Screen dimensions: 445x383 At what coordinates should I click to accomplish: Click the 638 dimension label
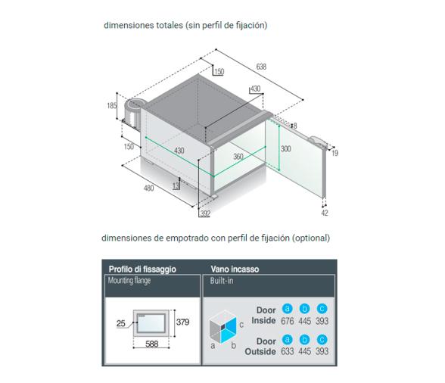[x=261, y=67]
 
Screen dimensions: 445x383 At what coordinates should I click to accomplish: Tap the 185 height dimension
[x=112, y=106]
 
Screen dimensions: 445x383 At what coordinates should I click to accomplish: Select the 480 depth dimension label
[x=149, y=188]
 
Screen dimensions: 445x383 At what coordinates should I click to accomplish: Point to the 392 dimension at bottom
[x=205, y=213]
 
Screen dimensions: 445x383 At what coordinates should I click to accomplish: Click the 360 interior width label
[x=238, y=156]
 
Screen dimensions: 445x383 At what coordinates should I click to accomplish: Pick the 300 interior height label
[x=286, y=149]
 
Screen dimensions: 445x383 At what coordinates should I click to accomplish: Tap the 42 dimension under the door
[x=325, y=213]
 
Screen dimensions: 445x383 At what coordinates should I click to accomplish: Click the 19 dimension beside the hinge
[x=335, y=154]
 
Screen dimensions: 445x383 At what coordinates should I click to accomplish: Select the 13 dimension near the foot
[x=176, y=186]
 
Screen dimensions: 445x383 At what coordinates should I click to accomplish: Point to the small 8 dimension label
[x=295, y=126]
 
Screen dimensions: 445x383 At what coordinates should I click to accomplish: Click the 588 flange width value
[x=152, y=344]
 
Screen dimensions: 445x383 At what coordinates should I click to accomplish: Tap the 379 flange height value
[x=183, y=322]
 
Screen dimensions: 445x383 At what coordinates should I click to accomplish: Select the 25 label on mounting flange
[x=121, y=323]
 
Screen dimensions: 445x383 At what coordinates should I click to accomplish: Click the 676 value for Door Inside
[x=288, y=321]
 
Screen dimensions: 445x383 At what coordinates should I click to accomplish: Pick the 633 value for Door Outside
[x=288, y=351]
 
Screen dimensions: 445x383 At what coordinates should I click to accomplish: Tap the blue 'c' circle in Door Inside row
[x=322, y=309]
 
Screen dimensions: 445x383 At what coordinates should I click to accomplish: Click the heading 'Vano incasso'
[x=235, y=269]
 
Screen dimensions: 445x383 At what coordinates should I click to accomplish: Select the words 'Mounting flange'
[x=129, y=281]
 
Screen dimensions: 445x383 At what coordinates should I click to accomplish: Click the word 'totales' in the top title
[x=170, y=25]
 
